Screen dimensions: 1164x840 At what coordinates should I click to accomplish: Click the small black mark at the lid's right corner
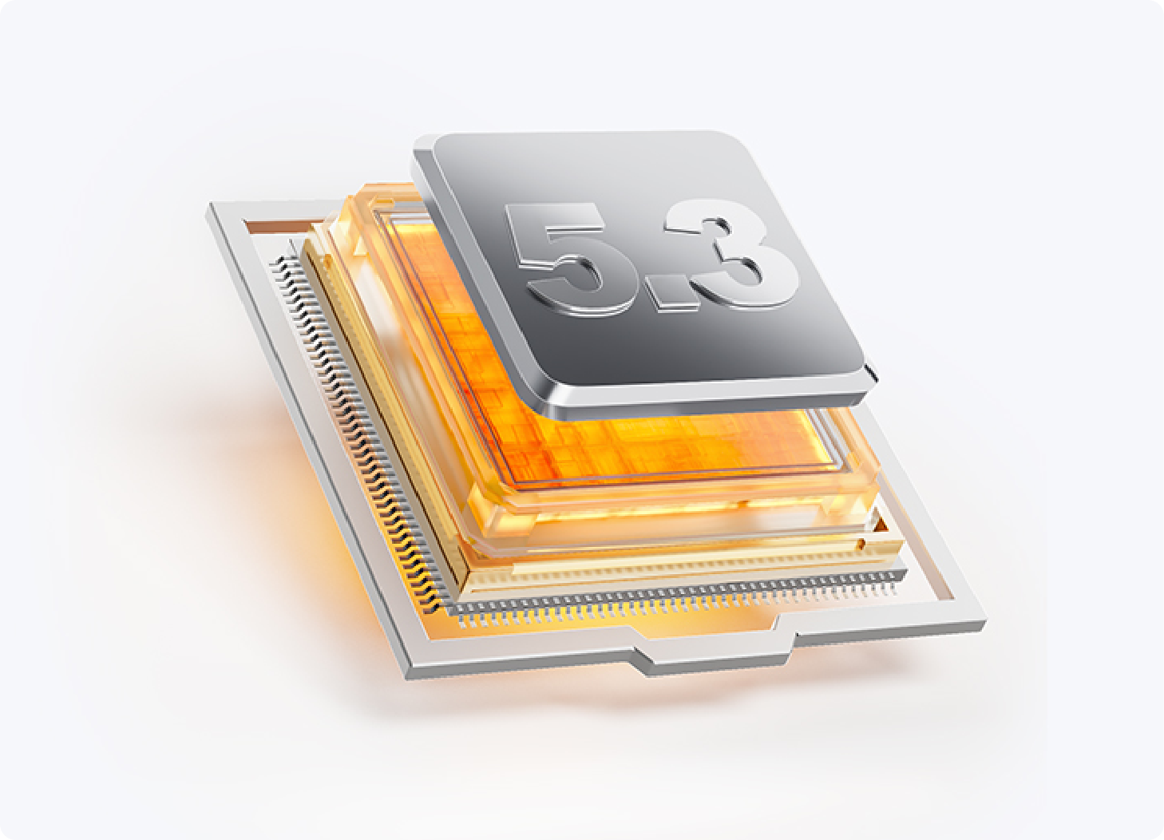click(x=872, y=370)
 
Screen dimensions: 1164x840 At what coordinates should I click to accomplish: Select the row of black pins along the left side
click(x=358, y=431)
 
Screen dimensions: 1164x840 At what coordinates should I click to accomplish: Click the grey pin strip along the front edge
click(x=675, y=598)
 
